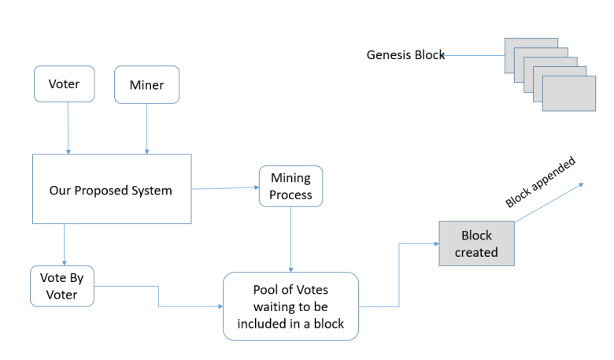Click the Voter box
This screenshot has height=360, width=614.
tap(64, 84)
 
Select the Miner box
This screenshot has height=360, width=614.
tap(147, 84)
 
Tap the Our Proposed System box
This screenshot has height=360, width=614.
tap(110, 190)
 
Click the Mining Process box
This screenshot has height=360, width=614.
tap(290, 187)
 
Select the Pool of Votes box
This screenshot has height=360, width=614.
tap(290, 306)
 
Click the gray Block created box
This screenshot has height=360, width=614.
tap(476, 243)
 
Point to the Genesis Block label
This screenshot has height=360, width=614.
tap(405, 55)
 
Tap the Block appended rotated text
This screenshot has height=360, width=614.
tap(541, 183)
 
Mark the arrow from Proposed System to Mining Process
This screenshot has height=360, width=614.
tap(225, 188)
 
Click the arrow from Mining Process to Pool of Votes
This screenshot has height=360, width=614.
tap(291, 239)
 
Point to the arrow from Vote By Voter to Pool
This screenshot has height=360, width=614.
tap(159, 296)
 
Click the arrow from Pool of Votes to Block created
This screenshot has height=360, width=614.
tap(399, 276)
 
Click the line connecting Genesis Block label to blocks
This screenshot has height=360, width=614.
tap(474, 55)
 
